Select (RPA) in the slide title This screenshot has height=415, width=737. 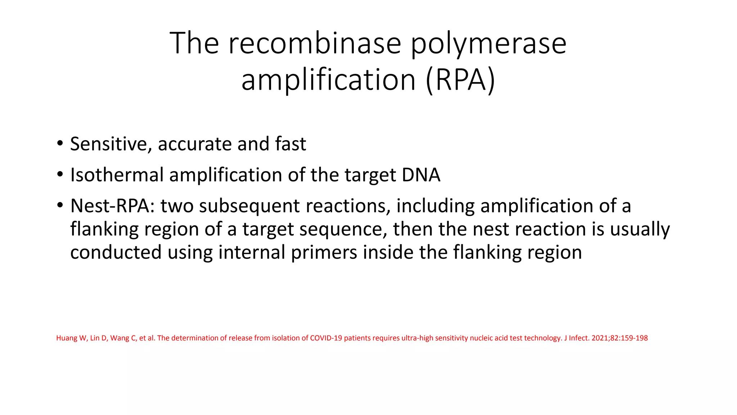coord(460,80)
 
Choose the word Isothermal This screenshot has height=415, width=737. coord(117,175)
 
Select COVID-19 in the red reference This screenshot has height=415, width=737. coord(326,338)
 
